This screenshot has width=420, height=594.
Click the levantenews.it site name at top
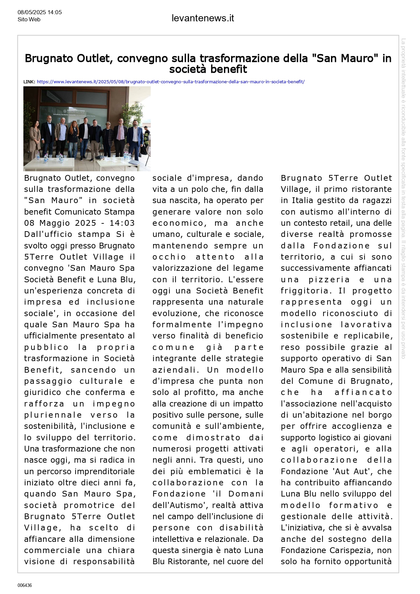click(203, 18)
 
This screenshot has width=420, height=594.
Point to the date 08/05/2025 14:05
click(40, 13)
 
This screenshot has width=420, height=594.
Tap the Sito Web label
click(29, 20)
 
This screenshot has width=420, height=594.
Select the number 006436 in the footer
click(25, 585)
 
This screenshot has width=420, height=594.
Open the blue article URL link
click(171, 82)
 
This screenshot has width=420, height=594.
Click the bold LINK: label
click(29, 82)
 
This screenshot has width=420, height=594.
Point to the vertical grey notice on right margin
click(403, 198)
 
